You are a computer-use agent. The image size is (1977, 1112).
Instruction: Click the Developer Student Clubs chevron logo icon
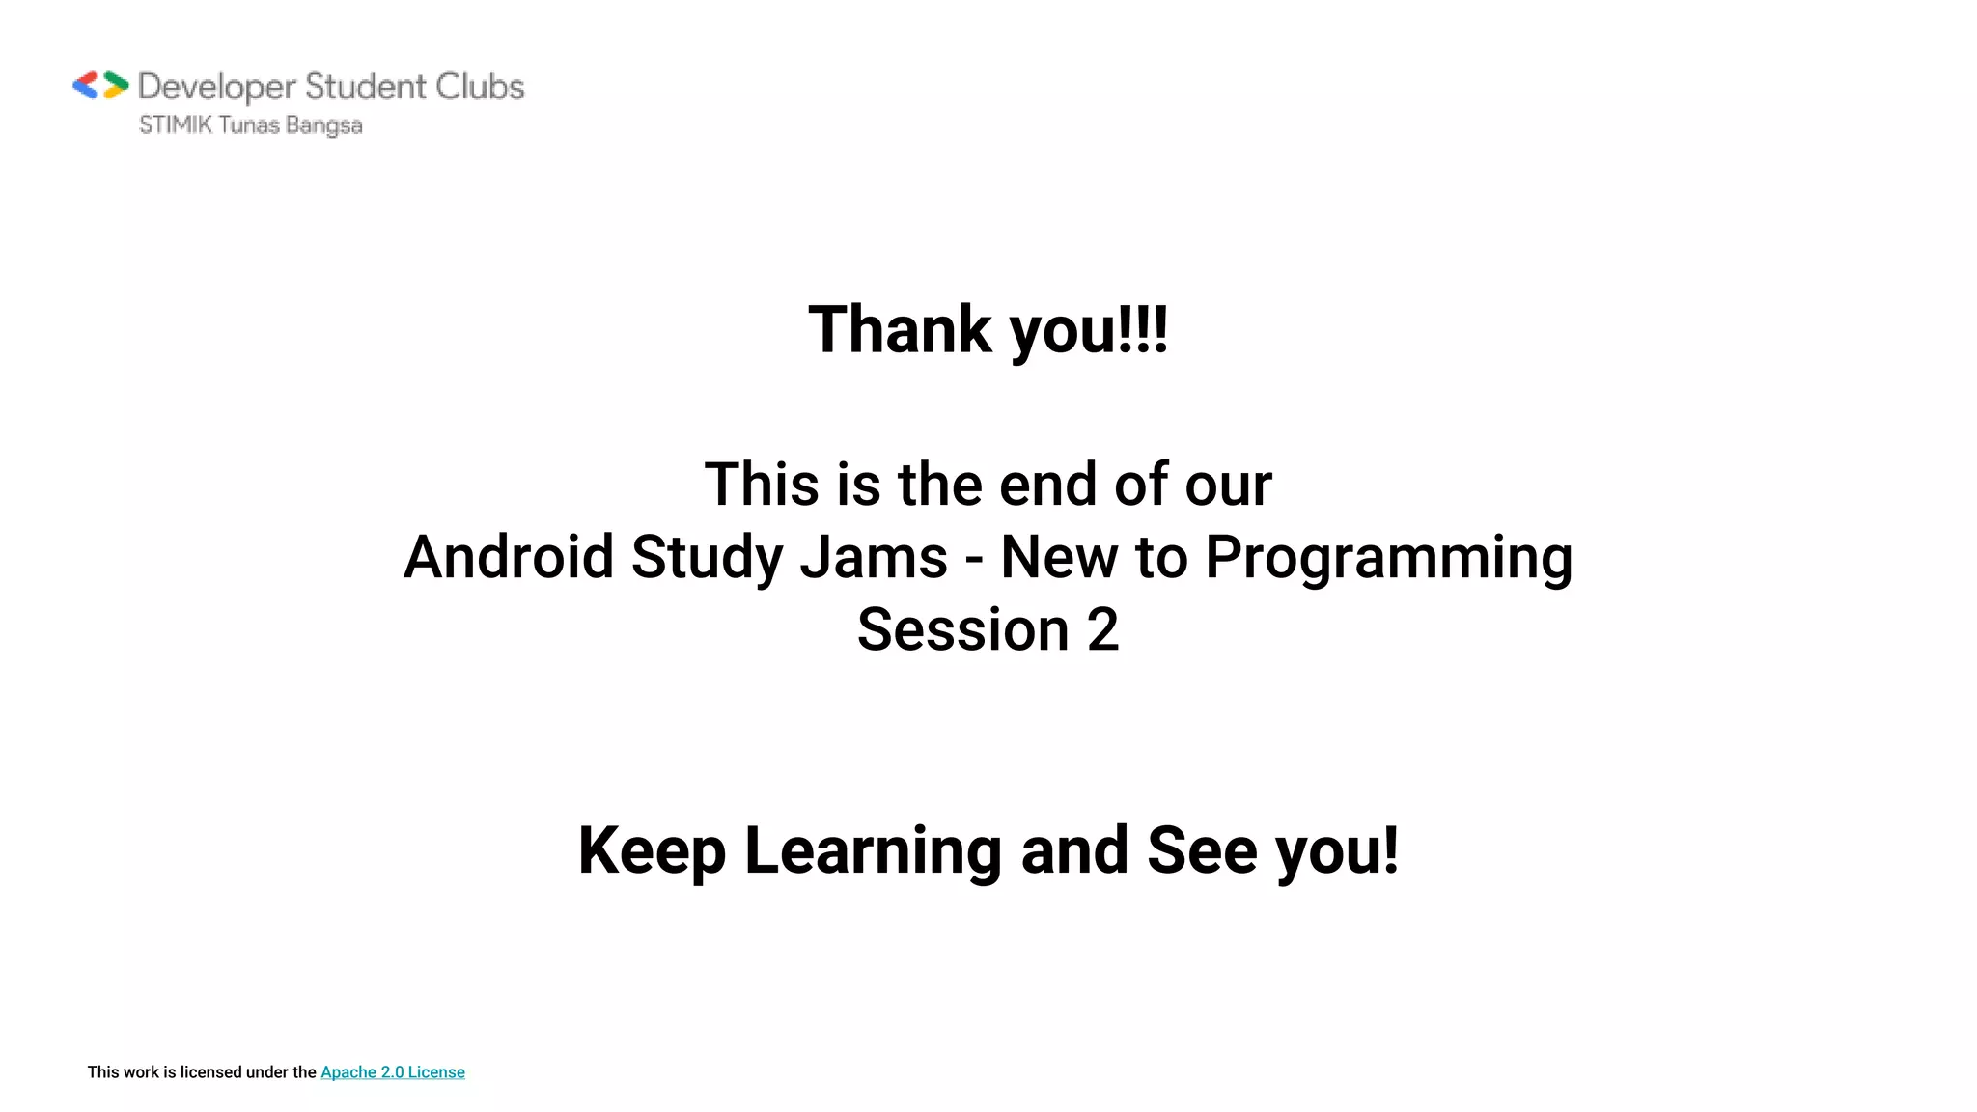(x=100, y=86)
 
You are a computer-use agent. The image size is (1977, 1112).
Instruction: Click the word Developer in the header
(x=216, y=87)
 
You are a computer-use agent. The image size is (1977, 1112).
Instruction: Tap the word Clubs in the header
(x=480, y=86)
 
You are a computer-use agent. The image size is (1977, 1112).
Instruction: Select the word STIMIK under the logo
(x=175, y=125)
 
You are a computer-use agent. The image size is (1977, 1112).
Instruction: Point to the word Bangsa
(x=323, y=126)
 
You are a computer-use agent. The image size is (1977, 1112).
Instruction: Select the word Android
(x=509, y=557)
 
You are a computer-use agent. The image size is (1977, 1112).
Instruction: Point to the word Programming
(x=1388, y=559)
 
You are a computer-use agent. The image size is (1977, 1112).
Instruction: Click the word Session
(x=962, y=629)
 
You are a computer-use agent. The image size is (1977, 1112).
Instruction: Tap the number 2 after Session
(x=1102, y=629)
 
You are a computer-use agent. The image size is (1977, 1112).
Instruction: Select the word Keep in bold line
(x=652, y=851)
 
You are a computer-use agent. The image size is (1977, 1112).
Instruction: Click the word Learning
(x=873, y=851)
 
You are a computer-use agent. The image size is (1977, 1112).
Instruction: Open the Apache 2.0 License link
(x=392, y=1072)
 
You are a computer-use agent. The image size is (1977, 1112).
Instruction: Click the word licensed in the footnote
(x=210, y=1072)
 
